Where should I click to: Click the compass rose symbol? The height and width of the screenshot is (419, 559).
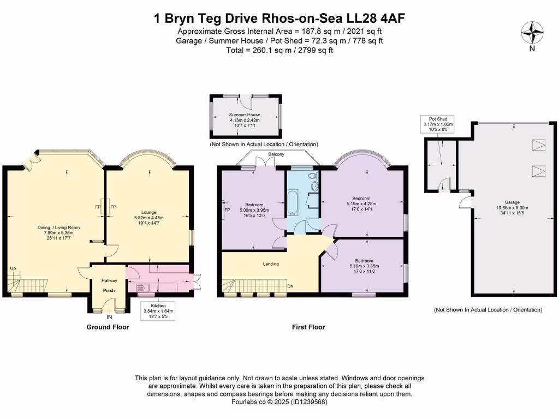(532, 31)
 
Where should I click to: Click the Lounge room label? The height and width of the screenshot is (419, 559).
(149, 212)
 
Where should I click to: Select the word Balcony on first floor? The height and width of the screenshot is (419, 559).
(276, 155)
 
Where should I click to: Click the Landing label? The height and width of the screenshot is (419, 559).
(271, 264)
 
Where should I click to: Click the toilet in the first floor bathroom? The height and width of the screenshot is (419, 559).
(312, 176)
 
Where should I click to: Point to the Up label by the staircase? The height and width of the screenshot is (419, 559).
(13, 268)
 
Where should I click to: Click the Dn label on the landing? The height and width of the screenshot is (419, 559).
(291, 285)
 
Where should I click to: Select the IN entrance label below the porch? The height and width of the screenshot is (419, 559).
(109, 316)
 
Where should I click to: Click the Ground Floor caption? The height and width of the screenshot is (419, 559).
(108, 327)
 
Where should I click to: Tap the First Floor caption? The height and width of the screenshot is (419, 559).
(308, 327)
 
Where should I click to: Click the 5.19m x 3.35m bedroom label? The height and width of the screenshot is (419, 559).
(364, 266)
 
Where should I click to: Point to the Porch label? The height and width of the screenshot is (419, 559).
(109, 290)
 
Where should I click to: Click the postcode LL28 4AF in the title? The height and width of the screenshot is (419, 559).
(377, 19)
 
